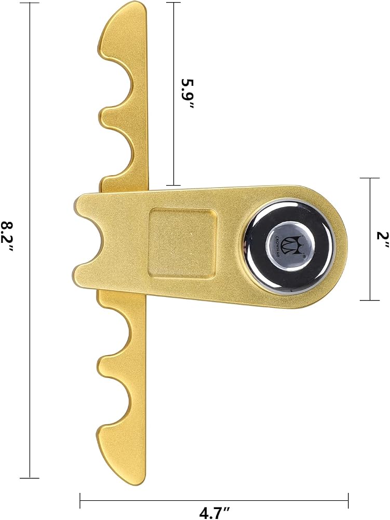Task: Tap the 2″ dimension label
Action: [x=382, y=239]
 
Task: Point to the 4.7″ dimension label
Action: [x=214, y=513]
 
